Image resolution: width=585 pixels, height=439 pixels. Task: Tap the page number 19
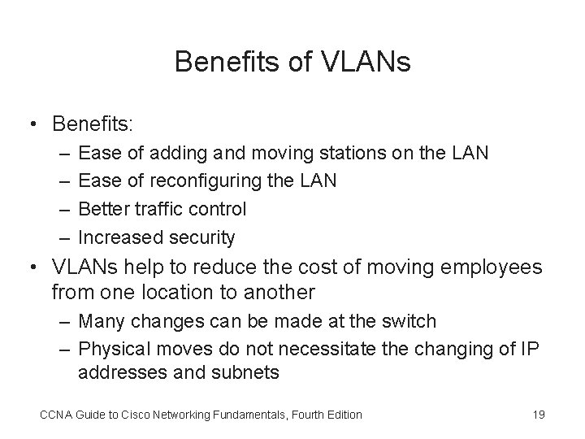pyautogui.click(x=538, y=415)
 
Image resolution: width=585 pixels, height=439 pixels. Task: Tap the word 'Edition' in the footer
pyautogui.click(x=342, y=415)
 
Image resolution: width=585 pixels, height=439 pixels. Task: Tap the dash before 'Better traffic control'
pyautogui.click(x=63, y=209)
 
